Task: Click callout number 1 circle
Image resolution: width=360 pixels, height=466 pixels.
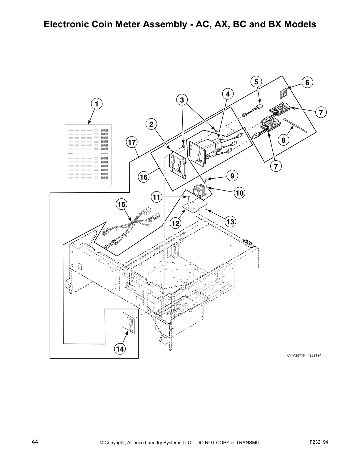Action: (x=96, y=104)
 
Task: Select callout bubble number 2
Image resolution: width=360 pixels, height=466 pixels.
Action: (x=151, y=124)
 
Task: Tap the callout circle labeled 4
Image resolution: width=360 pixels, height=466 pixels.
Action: (x=228, y=94)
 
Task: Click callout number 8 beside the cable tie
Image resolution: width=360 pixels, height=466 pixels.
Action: (x=283, y=140)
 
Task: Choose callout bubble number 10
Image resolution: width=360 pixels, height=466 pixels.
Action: (x=240, y=193)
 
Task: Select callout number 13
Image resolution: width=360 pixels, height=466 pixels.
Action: (x=231, y=222)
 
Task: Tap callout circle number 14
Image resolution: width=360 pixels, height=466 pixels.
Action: (x=120, y=349)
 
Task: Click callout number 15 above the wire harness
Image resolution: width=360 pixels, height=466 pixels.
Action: (x=122, y=204)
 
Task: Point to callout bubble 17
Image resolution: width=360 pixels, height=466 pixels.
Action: (x=132, y=142)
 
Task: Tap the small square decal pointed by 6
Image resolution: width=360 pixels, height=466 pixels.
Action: (x=283, y=95)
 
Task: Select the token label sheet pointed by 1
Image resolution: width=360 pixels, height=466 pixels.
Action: (x=88, y=155)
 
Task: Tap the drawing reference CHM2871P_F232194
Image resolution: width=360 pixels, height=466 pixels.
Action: (x=304, y=356)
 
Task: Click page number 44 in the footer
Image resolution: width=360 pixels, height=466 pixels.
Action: (x=35, y=442)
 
